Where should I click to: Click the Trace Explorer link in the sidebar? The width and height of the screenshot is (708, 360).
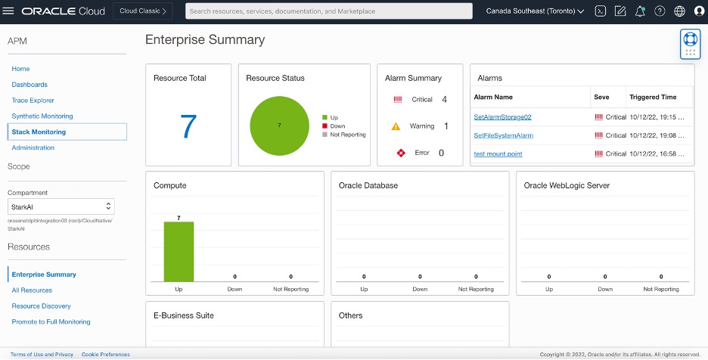(x=33, y=101)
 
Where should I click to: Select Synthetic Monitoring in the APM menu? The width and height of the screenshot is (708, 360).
(x=42, y=116)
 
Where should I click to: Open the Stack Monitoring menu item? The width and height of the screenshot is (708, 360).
(x=39, y=132)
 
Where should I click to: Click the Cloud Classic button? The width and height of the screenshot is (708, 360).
(x=143, y=11)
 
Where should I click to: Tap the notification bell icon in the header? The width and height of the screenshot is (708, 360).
(x=640, y=11)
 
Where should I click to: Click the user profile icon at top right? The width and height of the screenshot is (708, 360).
(x=699, y=11)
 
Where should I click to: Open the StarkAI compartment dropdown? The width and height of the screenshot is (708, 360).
(x=61, y=206)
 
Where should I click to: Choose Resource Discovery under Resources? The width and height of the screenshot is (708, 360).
(x=41, y=306)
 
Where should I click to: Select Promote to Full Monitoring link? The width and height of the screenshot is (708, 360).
(x=51, y=322)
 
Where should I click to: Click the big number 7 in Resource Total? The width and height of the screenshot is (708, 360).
(x=188, y=126)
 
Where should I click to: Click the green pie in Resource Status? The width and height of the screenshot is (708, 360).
(x=279, y=126)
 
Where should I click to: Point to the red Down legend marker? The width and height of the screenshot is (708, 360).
(x=325, y=126)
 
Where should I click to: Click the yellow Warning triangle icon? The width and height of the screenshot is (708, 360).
(x=396, y=126)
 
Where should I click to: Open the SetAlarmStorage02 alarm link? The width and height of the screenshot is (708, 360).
(x=502, y=117)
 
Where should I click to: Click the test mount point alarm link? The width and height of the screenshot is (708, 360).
(x=498, y=154)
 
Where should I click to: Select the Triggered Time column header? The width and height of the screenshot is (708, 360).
(x=653, y=98)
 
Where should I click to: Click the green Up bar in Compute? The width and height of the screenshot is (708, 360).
(x=179, y=251)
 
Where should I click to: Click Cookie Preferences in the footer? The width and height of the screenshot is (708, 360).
(x=105, y=355)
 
